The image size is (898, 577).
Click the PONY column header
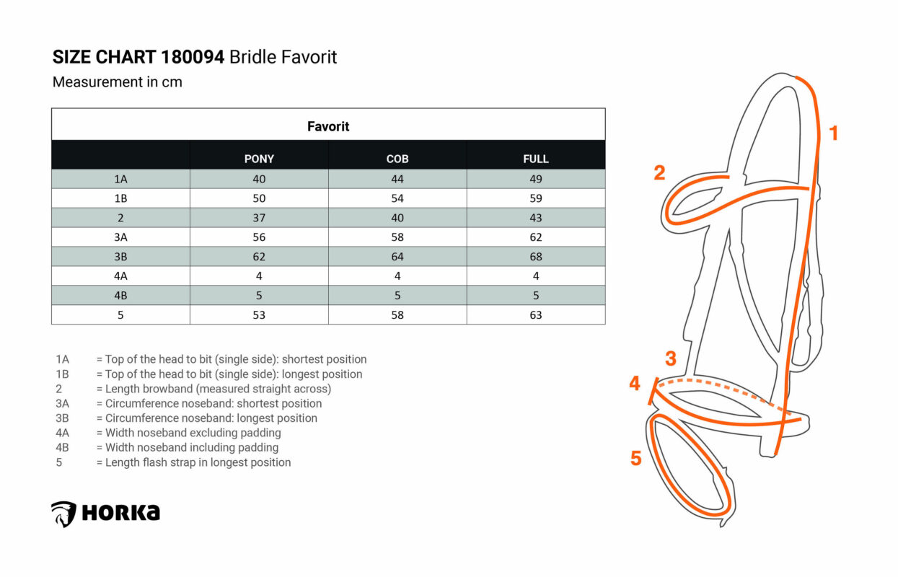259,159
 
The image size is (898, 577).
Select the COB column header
397,159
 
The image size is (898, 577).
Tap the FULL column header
536,159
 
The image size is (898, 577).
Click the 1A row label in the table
120,179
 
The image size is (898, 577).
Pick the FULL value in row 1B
536,198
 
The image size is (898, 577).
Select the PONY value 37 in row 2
259,218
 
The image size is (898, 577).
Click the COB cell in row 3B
397,257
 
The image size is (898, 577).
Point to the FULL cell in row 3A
536,237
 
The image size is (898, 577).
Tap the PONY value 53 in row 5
259,314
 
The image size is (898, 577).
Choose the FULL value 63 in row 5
536,314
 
